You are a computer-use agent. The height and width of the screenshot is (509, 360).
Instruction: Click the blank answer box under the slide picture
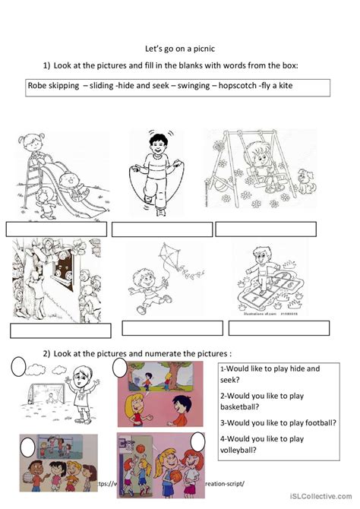[57, 229]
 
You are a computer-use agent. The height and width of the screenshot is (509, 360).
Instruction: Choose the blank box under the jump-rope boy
[161, 229]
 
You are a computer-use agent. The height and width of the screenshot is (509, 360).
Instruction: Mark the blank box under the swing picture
[265, 229]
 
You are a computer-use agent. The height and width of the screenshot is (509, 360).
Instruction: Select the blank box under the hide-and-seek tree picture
[61, 330]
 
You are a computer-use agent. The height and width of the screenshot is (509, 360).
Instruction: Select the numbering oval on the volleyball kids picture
[28, 445]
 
